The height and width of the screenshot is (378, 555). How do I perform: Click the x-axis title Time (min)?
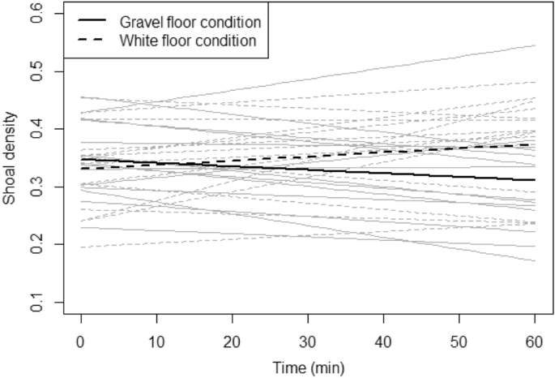[x=308, y=367]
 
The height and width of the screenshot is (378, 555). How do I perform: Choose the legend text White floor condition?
[x=186, y=40]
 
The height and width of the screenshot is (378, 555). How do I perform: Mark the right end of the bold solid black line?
[x=535, y=180]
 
